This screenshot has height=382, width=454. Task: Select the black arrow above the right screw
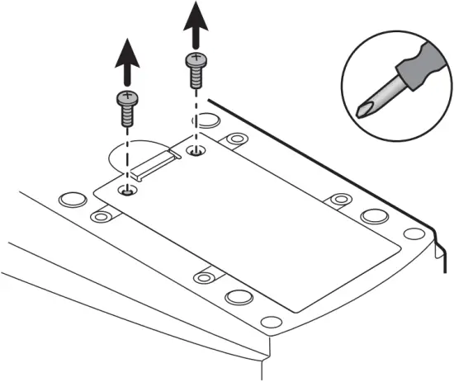[195, 25]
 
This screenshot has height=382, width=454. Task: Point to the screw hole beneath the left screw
[126, 191]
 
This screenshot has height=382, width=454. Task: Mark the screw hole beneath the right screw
[195, 151]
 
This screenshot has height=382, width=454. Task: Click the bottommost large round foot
[239, 297]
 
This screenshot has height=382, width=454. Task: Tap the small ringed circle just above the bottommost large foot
[206, 276]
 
